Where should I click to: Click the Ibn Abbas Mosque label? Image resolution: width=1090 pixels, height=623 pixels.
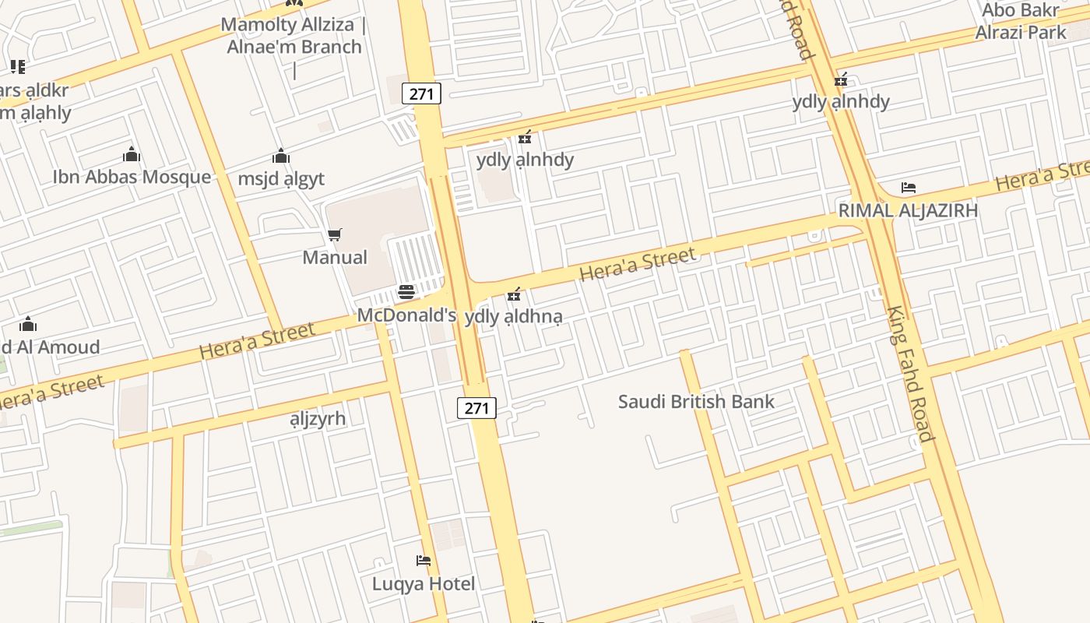[x=132, y=177]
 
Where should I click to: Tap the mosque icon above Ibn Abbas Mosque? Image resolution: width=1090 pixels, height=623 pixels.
[x=132, y=154]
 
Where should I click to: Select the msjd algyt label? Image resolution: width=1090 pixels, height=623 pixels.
[x=281, y=179]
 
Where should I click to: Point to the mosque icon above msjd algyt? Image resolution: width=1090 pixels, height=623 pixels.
[x=281, y=156]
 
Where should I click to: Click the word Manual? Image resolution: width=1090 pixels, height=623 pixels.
[x=335, y=257]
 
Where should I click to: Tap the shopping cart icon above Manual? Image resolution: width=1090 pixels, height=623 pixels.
[x=335, y=234]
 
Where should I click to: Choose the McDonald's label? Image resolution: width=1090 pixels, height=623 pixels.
[x=406, y=315]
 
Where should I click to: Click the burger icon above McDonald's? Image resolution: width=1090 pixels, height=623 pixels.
[x=406, y=293]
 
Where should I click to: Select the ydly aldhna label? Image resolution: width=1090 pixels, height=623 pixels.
[x=513, y=317]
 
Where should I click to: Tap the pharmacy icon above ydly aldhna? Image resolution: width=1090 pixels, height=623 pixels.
[x=514, y=294]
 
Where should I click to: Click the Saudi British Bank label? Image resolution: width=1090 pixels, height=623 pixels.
[x=696, y=402]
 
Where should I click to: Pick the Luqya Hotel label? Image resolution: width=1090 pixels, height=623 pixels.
[x=424, y=583]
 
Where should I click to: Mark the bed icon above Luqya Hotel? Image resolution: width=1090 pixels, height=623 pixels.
[x=424, y=561]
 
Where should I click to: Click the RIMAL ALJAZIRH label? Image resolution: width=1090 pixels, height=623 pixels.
[x=908, y=210]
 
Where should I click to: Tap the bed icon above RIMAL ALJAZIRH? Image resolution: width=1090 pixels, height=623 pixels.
[x=909, y=188]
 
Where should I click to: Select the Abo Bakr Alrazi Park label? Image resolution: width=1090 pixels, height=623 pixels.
[x=1021, y=21]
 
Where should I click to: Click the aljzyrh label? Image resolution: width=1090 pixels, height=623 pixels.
[x=318, y=418]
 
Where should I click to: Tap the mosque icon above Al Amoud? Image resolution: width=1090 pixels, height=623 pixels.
[x=29, y=324]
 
